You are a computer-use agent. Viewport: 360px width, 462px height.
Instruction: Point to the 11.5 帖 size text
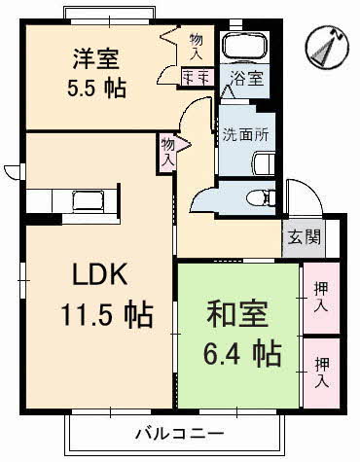pos(95,316)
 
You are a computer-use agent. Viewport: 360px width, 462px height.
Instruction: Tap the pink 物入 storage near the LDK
pos(167,152)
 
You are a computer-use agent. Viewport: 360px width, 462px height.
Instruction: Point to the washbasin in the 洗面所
pos(262,162)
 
